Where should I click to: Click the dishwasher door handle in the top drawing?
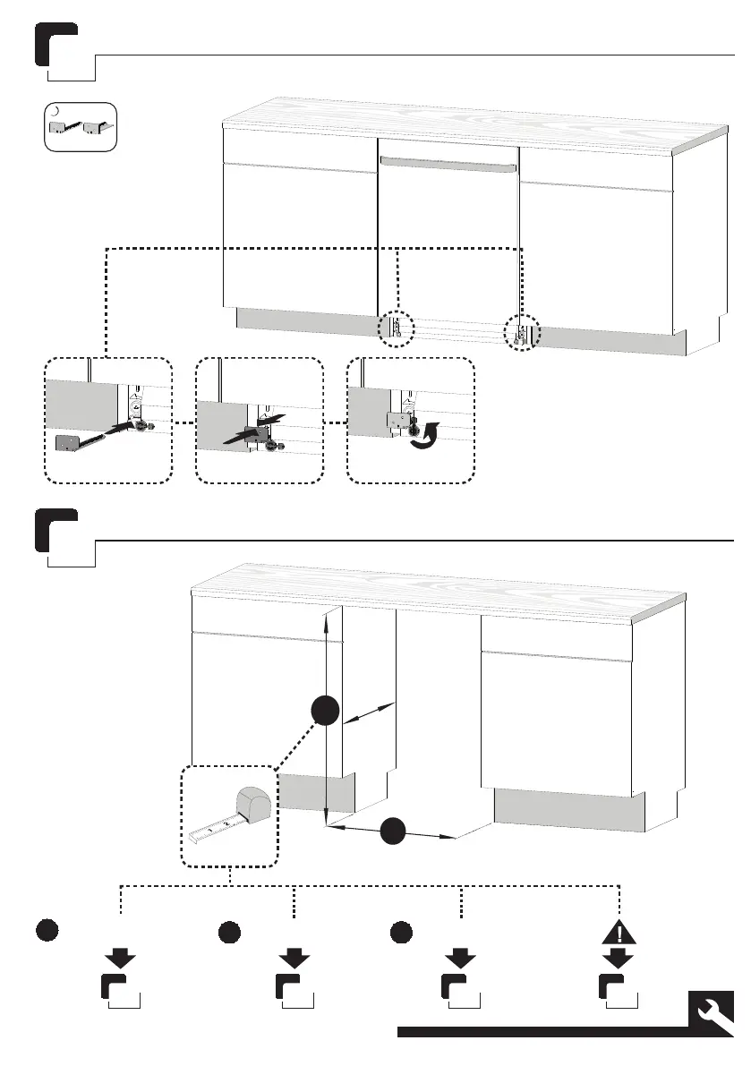(448, 164)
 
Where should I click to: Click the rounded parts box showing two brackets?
(81, 127)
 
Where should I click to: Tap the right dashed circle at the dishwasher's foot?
(522, 332)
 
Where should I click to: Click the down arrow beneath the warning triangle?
(618, 959)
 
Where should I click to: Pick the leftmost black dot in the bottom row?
(48, 931)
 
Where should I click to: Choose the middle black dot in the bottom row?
(229, 931)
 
